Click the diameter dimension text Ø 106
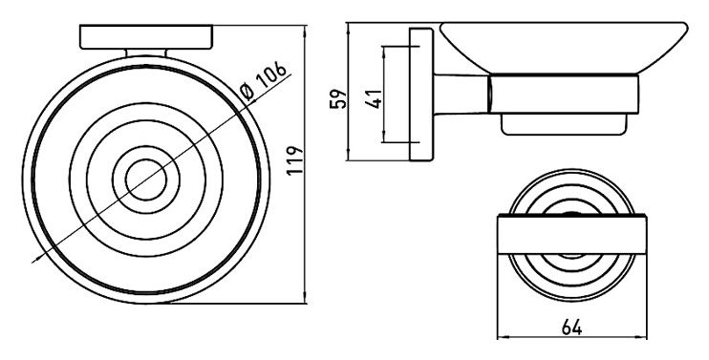(264, 80)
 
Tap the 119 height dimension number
(294, 160)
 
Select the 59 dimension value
(338, 98)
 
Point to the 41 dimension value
(374, 98)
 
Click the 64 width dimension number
(571, 327)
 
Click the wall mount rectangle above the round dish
(146, 37)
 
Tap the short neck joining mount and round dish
(146, 53)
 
